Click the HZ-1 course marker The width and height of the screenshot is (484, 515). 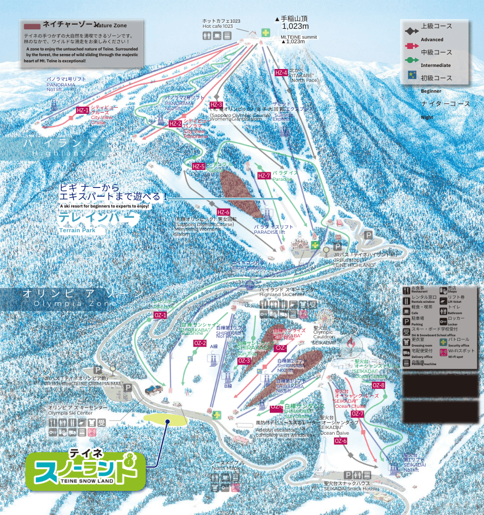click(82, 110)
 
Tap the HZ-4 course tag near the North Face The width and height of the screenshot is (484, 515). click(281, 73)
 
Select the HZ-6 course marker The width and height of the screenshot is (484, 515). click(223, 212)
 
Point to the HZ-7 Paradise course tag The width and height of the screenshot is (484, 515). click(264, 176)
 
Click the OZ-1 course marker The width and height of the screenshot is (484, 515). click(161, 315)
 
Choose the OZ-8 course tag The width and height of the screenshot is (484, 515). click(378, 385)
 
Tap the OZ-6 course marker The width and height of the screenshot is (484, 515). click(340, 441)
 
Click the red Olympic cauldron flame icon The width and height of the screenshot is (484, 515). click(351, 342)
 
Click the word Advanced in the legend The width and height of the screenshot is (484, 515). click(432, 40)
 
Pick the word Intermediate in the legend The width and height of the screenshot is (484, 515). click(436, 65)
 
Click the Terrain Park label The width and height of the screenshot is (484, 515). click(77, 230)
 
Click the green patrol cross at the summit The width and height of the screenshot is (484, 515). click(266, 32)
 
